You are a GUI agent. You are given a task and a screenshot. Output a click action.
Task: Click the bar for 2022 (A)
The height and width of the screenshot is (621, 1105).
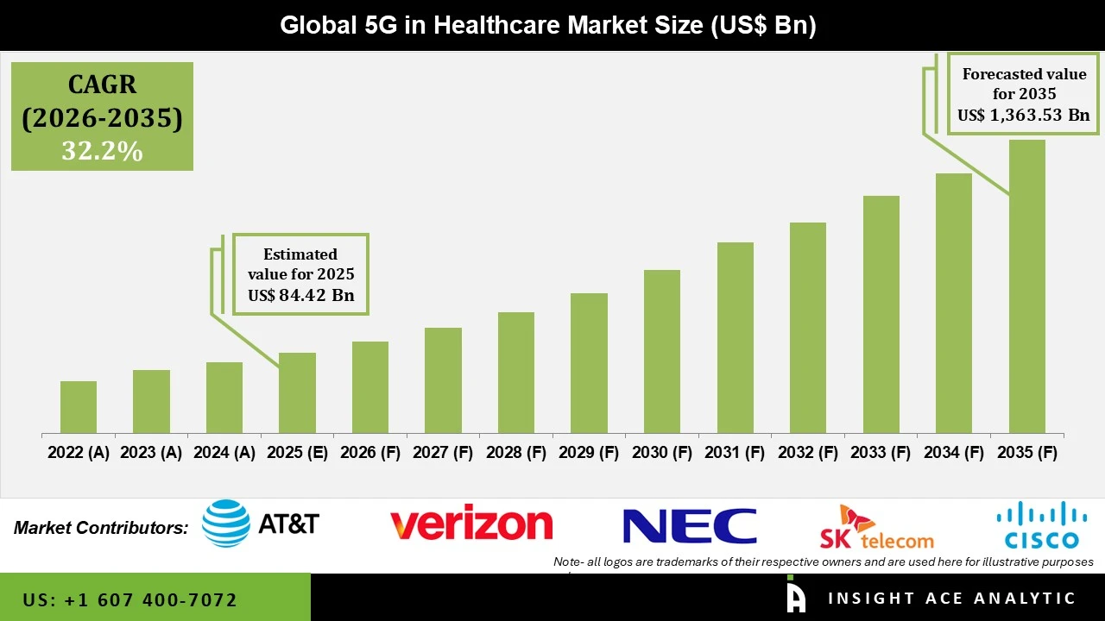tap(79, 407)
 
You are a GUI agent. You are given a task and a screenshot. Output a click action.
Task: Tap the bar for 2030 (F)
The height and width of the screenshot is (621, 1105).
tap(662, 351)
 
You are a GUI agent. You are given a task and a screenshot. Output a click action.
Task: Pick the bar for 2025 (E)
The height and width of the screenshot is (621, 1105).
tap(297, 392)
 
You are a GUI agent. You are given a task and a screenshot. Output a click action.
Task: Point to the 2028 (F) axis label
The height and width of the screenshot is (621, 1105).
tap(516, 453)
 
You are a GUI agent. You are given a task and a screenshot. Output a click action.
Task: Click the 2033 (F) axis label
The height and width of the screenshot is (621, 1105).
tap(881, 453)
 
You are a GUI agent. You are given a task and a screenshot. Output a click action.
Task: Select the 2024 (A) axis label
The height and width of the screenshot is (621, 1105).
tap(224, 453)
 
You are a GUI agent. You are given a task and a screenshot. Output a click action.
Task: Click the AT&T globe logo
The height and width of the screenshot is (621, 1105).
tap(226, 524)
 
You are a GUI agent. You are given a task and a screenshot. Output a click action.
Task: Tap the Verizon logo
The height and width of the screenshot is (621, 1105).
tap(470, 524)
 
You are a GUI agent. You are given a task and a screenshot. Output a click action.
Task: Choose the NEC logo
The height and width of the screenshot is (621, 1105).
tap(689, 526)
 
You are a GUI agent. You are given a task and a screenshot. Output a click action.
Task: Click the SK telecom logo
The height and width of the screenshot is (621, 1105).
tap(876, 528)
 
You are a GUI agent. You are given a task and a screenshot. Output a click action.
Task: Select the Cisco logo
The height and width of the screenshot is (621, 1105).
tap(1040, 525)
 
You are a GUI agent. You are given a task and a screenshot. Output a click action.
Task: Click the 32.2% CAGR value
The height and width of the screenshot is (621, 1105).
tap(102, 151)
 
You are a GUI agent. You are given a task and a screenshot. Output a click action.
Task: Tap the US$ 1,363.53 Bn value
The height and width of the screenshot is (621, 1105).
tap(1023, 116)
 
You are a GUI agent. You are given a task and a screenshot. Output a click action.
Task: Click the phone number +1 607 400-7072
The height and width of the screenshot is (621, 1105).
tap(130, 599)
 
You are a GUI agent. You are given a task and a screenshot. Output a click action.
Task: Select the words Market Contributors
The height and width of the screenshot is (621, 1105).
tap(101, 528)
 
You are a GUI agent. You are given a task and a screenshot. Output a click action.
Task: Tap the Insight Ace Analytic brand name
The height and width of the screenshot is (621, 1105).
tap(951, 599)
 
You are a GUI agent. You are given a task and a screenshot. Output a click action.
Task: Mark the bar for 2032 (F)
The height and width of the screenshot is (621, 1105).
tap(808, 328)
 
